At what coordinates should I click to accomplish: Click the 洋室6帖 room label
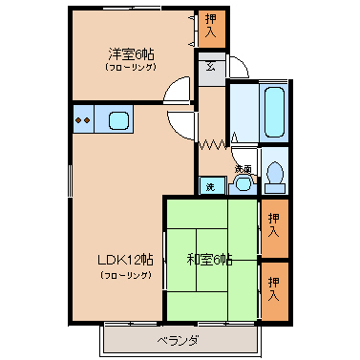(x=131, y=54)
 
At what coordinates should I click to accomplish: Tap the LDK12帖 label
(x=125, y=260)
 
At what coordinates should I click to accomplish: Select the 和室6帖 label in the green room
(x=209, y=260)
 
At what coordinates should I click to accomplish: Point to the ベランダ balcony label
(x=179, y=341)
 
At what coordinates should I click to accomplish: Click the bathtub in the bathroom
(x=273, y=112)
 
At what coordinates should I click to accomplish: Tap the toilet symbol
(x=275, y=178)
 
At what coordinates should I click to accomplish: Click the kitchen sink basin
(x=118, y=120)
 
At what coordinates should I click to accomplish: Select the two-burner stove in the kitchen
(x=83, y=119)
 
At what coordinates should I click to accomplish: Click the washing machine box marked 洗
(x=210, y=186)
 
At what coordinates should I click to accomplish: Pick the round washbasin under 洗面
(x=244, y=183)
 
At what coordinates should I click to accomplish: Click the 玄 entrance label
(x=210, y=67)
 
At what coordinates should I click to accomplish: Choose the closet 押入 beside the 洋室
(x=211, y=29)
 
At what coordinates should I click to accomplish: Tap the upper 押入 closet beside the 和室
(x=274, y=227)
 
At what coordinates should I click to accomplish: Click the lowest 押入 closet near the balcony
(x=274, y=290)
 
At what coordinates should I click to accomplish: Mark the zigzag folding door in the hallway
(x=213, y=145)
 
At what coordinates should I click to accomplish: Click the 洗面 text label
(x=244, y=169)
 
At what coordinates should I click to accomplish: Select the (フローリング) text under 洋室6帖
(x=131, y=67)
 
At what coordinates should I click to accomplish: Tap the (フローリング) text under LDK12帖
(x=125, y=274)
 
